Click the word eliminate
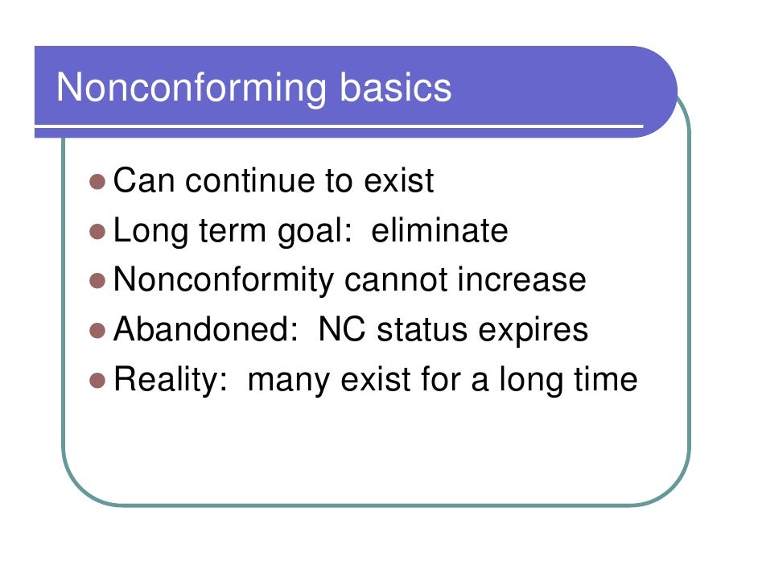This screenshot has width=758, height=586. (439, 231)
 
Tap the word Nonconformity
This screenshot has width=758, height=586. (224, 281)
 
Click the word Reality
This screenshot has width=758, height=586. (169, 380)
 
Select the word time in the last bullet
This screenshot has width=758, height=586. (604, 379)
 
